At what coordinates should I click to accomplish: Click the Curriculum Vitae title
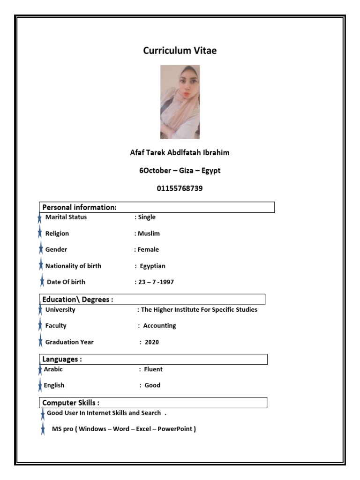[x=180, y=51]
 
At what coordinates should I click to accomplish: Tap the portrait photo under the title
[x=180, y=102]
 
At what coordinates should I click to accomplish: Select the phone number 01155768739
[x=180, y=188]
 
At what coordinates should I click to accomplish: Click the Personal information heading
[x=79, y=207]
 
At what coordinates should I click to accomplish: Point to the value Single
[x=147, y=217]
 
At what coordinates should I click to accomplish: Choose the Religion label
[x=57, y=233]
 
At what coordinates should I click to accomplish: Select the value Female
[x=148, y=249]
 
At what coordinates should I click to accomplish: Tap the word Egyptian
[x=153, y=266]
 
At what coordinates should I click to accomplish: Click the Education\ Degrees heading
[x=77, y=300]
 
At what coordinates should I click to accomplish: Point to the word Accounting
[x=159, y=326]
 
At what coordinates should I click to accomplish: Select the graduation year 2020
[x=152, y=342]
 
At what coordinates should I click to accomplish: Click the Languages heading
[x=62, y=359]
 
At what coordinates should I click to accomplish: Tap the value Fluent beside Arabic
[x=153, y=369]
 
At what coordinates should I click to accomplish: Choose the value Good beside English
[x=152, y=385]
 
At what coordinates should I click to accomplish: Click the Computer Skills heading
[x=70, y=403]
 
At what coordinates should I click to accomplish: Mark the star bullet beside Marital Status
[x=40, y=218]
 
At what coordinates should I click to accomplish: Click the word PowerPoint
[x=176, y=429]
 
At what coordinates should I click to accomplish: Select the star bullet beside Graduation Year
[x=40, y=342]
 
